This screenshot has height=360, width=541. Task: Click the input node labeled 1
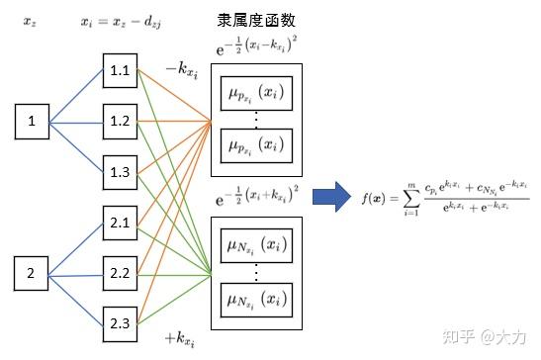click(x=32, y=123)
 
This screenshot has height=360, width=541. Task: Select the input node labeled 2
click(x=32, y=271)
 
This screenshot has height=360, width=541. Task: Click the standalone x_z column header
click(x=31, y=21)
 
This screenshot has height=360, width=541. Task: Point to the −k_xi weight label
click(x=183, y=69)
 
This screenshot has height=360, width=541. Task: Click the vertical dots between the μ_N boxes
click(x=256, y=266)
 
